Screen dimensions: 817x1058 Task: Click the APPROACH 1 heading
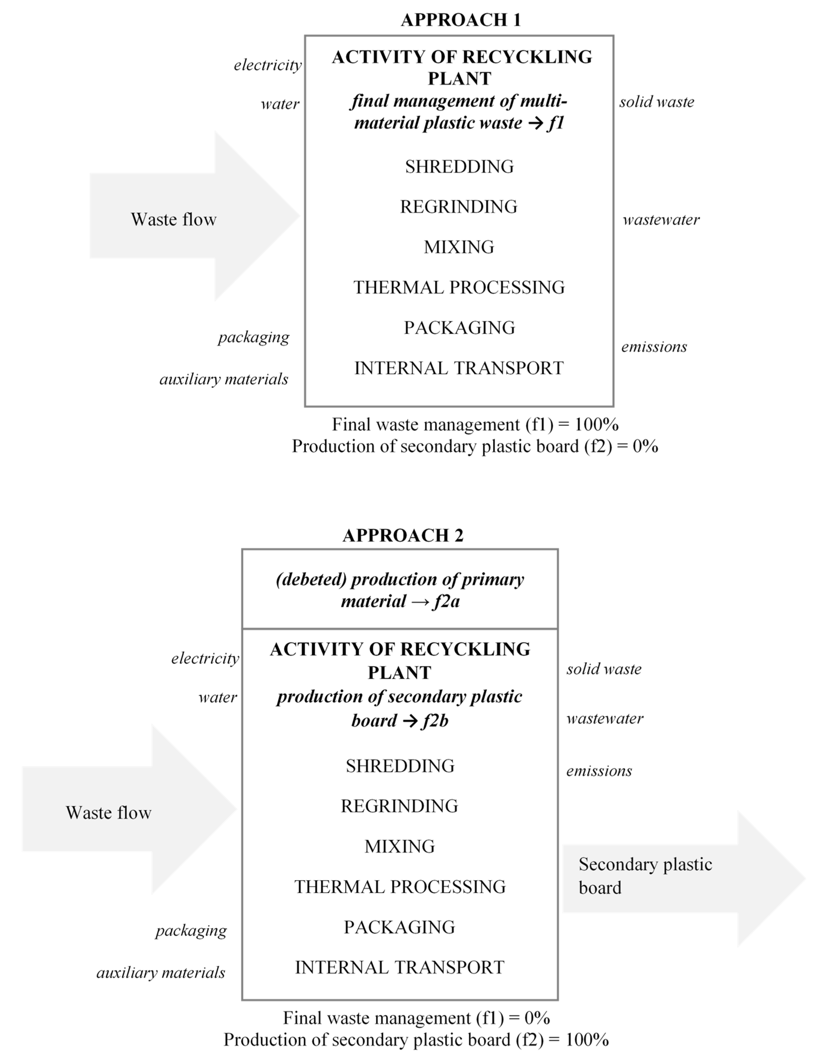click(460, 20)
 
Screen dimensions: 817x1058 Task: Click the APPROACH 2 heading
click(403, 535)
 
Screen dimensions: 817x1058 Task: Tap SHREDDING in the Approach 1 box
click(459, 167)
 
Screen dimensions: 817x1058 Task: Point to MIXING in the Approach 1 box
click(459, 247)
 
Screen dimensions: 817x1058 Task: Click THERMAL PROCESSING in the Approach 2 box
click(400, 886)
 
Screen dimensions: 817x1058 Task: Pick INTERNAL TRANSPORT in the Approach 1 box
click(459, 368)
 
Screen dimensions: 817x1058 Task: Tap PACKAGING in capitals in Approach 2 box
click(399, 927)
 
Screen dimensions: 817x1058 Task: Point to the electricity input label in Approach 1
click(267, 65)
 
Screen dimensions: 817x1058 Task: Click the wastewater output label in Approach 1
click(661, 220)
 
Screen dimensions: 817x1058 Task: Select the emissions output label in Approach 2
click(599, 771)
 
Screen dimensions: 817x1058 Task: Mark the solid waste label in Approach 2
click(604, 669)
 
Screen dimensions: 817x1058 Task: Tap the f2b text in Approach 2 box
click(435, 721)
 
